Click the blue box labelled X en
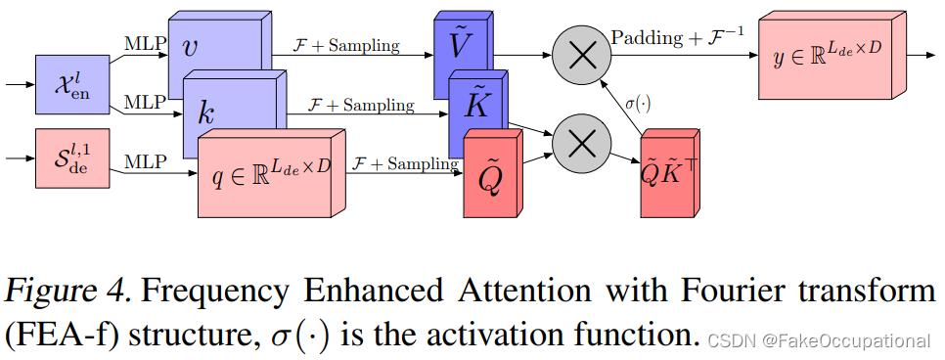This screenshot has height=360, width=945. click(68, 86)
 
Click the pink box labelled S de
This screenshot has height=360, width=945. click(68, 159)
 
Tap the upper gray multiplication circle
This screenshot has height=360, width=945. click(582, 55)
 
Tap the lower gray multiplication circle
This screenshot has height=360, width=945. click(582, 144)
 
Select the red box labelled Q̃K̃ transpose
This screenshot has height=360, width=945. click(668, 176)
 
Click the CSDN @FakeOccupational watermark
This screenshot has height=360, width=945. click(819, 341)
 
